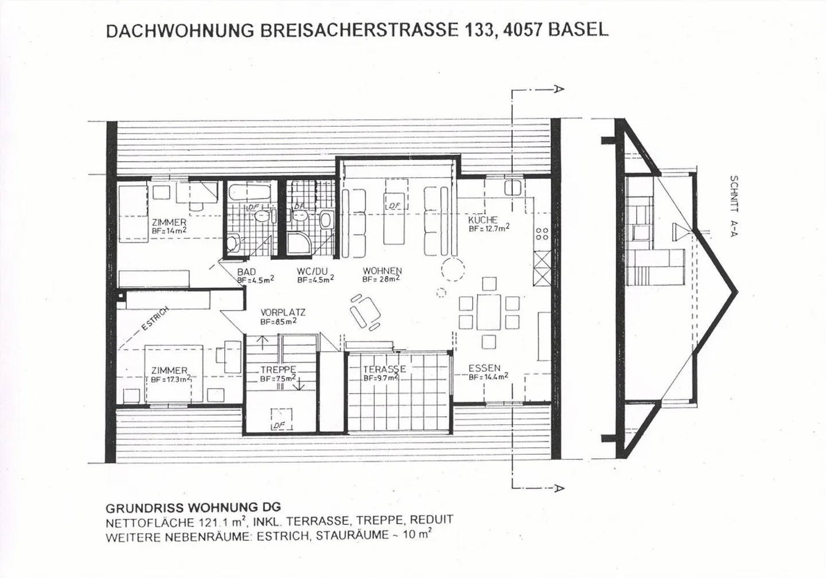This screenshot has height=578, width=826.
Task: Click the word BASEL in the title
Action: (x=578, y=30)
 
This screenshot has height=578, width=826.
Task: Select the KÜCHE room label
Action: (x=482, y=220)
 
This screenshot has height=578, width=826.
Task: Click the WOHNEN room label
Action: (x=382, y=271)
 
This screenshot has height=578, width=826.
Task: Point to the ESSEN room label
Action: (x=484, y=368)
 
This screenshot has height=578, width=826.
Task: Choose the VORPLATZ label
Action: (x=283, y=313)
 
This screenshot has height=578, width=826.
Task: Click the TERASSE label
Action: (x=384, y=369)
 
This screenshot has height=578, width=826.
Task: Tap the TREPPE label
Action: (x=278, y=370)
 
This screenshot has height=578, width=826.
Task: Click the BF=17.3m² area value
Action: (x=171, y=380)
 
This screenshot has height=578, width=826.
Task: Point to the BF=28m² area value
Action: (x=380, y=279)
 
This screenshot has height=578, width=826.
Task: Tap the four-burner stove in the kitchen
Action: (x=541, y=233)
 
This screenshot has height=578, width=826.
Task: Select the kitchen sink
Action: (x=513, y=188)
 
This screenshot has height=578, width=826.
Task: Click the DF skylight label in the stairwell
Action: (x=279, y=425)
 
